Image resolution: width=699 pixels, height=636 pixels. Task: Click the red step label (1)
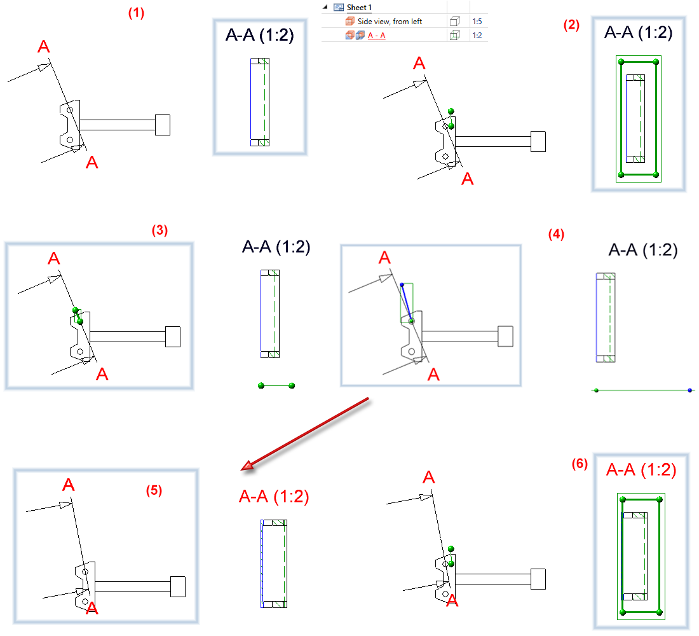click(136, 13)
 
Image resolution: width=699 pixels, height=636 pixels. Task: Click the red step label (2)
click(571, 25)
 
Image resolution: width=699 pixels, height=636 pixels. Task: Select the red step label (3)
click(159, 231)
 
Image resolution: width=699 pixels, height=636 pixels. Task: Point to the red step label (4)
click(555, 234)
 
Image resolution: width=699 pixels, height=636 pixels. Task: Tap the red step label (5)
click(153, 490)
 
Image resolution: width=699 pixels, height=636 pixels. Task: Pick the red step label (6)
click(580, 465)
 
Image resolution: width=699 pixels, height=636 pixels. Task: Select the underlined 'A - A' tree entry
click(376, 36)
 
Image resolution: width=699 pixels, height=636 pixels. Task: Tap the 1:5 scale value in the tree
click(477, 22)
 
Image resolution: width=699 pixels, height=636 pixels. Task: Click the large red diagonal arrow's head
click(247, 469)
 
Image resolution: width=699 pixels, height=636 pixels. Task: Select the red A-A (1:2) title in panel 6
click(641, 470)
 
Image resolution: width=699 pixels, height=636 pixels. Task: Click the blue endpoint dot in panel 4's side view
click(402, 284)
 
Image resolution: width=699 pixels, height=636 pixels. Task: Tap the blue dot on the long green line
click(689, 390)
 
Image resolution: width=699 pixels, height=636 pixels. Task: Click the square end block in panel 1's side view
click(163, 125)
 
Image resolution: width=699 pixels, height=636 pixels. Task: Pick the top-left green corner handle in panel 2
click(621, 62)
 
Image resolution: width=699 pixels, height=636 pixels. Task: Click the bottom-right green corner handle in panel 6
click(660, 612)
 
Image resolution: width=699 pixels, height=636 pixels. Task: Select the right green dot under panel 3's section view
click(292, 385)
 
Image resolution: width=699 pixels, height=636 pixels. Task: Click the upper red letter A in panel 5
click(69, 485)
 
